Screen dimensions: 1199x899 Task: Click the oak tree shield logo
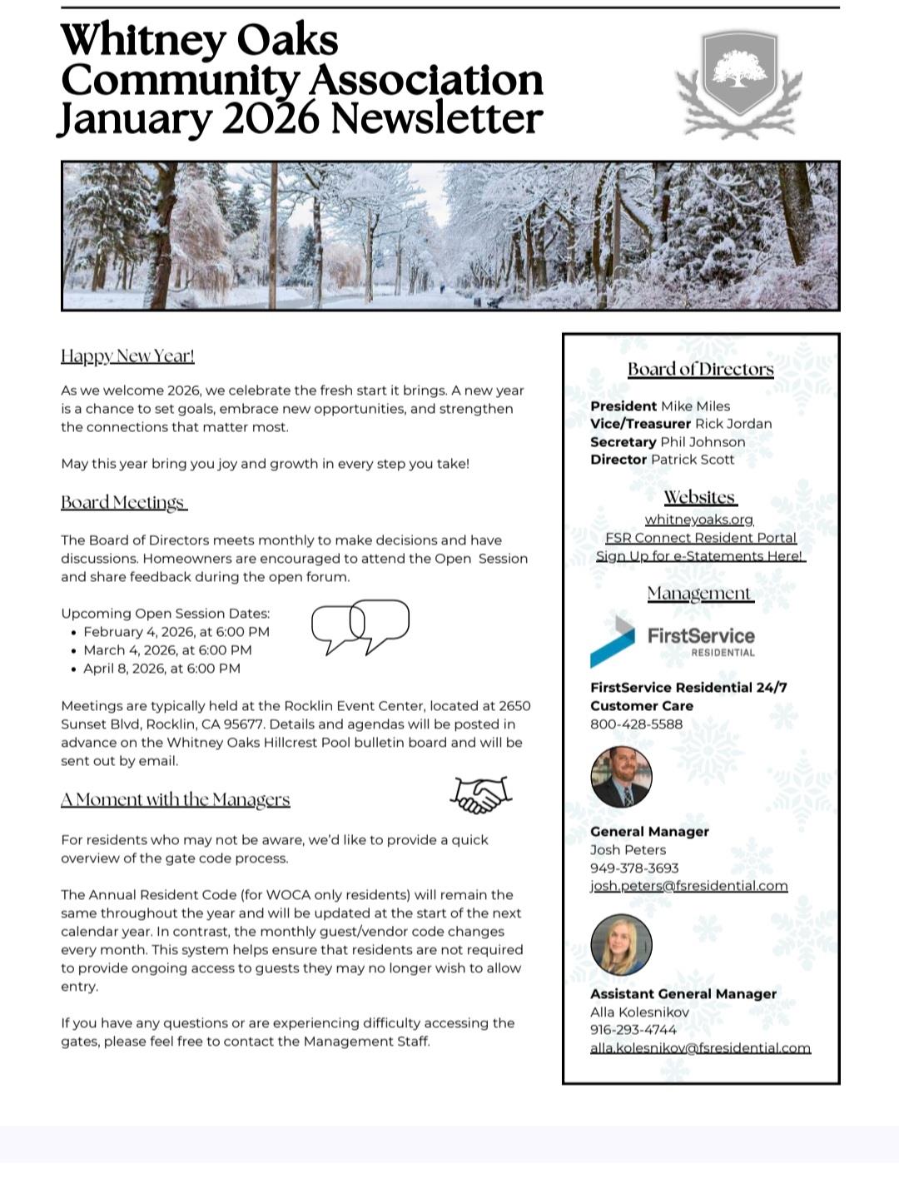coord(739,82)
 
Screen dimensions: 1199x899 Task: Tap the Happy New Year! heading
coord(127,356)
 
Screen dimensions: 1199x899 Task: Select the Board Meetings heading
coord(123,503)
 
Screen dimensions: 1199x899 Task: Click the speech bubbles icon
coord(360,626)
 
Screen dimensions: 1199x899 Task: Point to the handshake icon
coord(480,794)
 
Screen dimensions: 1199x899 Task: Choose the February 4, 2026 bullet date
coord(176,632)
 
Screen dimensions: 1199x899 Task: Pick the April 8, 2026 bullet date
coord(161,669)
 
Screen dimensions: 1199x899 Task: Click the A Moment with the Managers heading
coord(175,799)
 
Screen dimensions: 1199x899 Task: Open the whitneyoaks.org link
coord(699,520)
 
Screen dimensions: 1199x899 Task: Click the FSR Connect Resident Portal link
coord(700,538)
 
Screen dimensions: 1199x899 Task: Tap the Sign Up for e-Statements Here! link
coord(699,556)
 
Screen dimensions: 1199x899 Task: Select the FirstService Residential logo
coord(673,642)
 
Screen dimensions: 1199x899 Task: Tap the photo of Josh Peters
coord(621,777)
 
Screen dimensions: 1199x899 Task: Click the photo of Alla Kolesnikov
coord(621,944)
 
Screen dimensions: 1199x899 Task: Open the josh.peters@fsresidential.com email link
coord(688,886)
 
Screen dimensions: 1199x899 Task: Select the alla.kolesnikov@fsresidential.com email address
coord(700,1048)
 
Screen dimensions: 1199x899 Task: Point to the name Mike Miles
coord(695,406)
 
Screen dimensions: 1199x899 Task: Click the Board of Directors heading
coord(700,370)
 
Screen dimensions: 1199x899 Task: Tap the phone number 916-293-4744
coord(633,1030)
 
